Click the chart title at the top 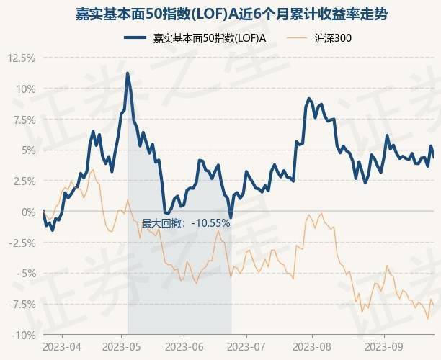220,13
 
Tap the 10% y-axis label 24,89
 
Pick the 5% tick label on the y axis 26,150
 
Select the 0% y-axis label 26,212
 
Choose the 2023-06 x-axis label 184,347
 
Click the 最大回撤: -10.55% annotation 186,223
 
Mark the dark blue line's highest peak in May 128,73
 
